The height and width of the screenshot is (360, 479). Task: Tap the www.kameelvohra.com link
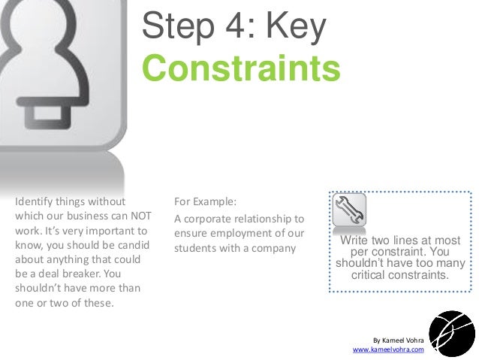click(x=388, y=350)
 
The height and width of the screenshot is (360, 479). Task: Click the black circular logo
click(x=451, y=333)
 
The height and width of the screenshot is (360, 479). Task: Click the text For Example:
click(x=205, y=202)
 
